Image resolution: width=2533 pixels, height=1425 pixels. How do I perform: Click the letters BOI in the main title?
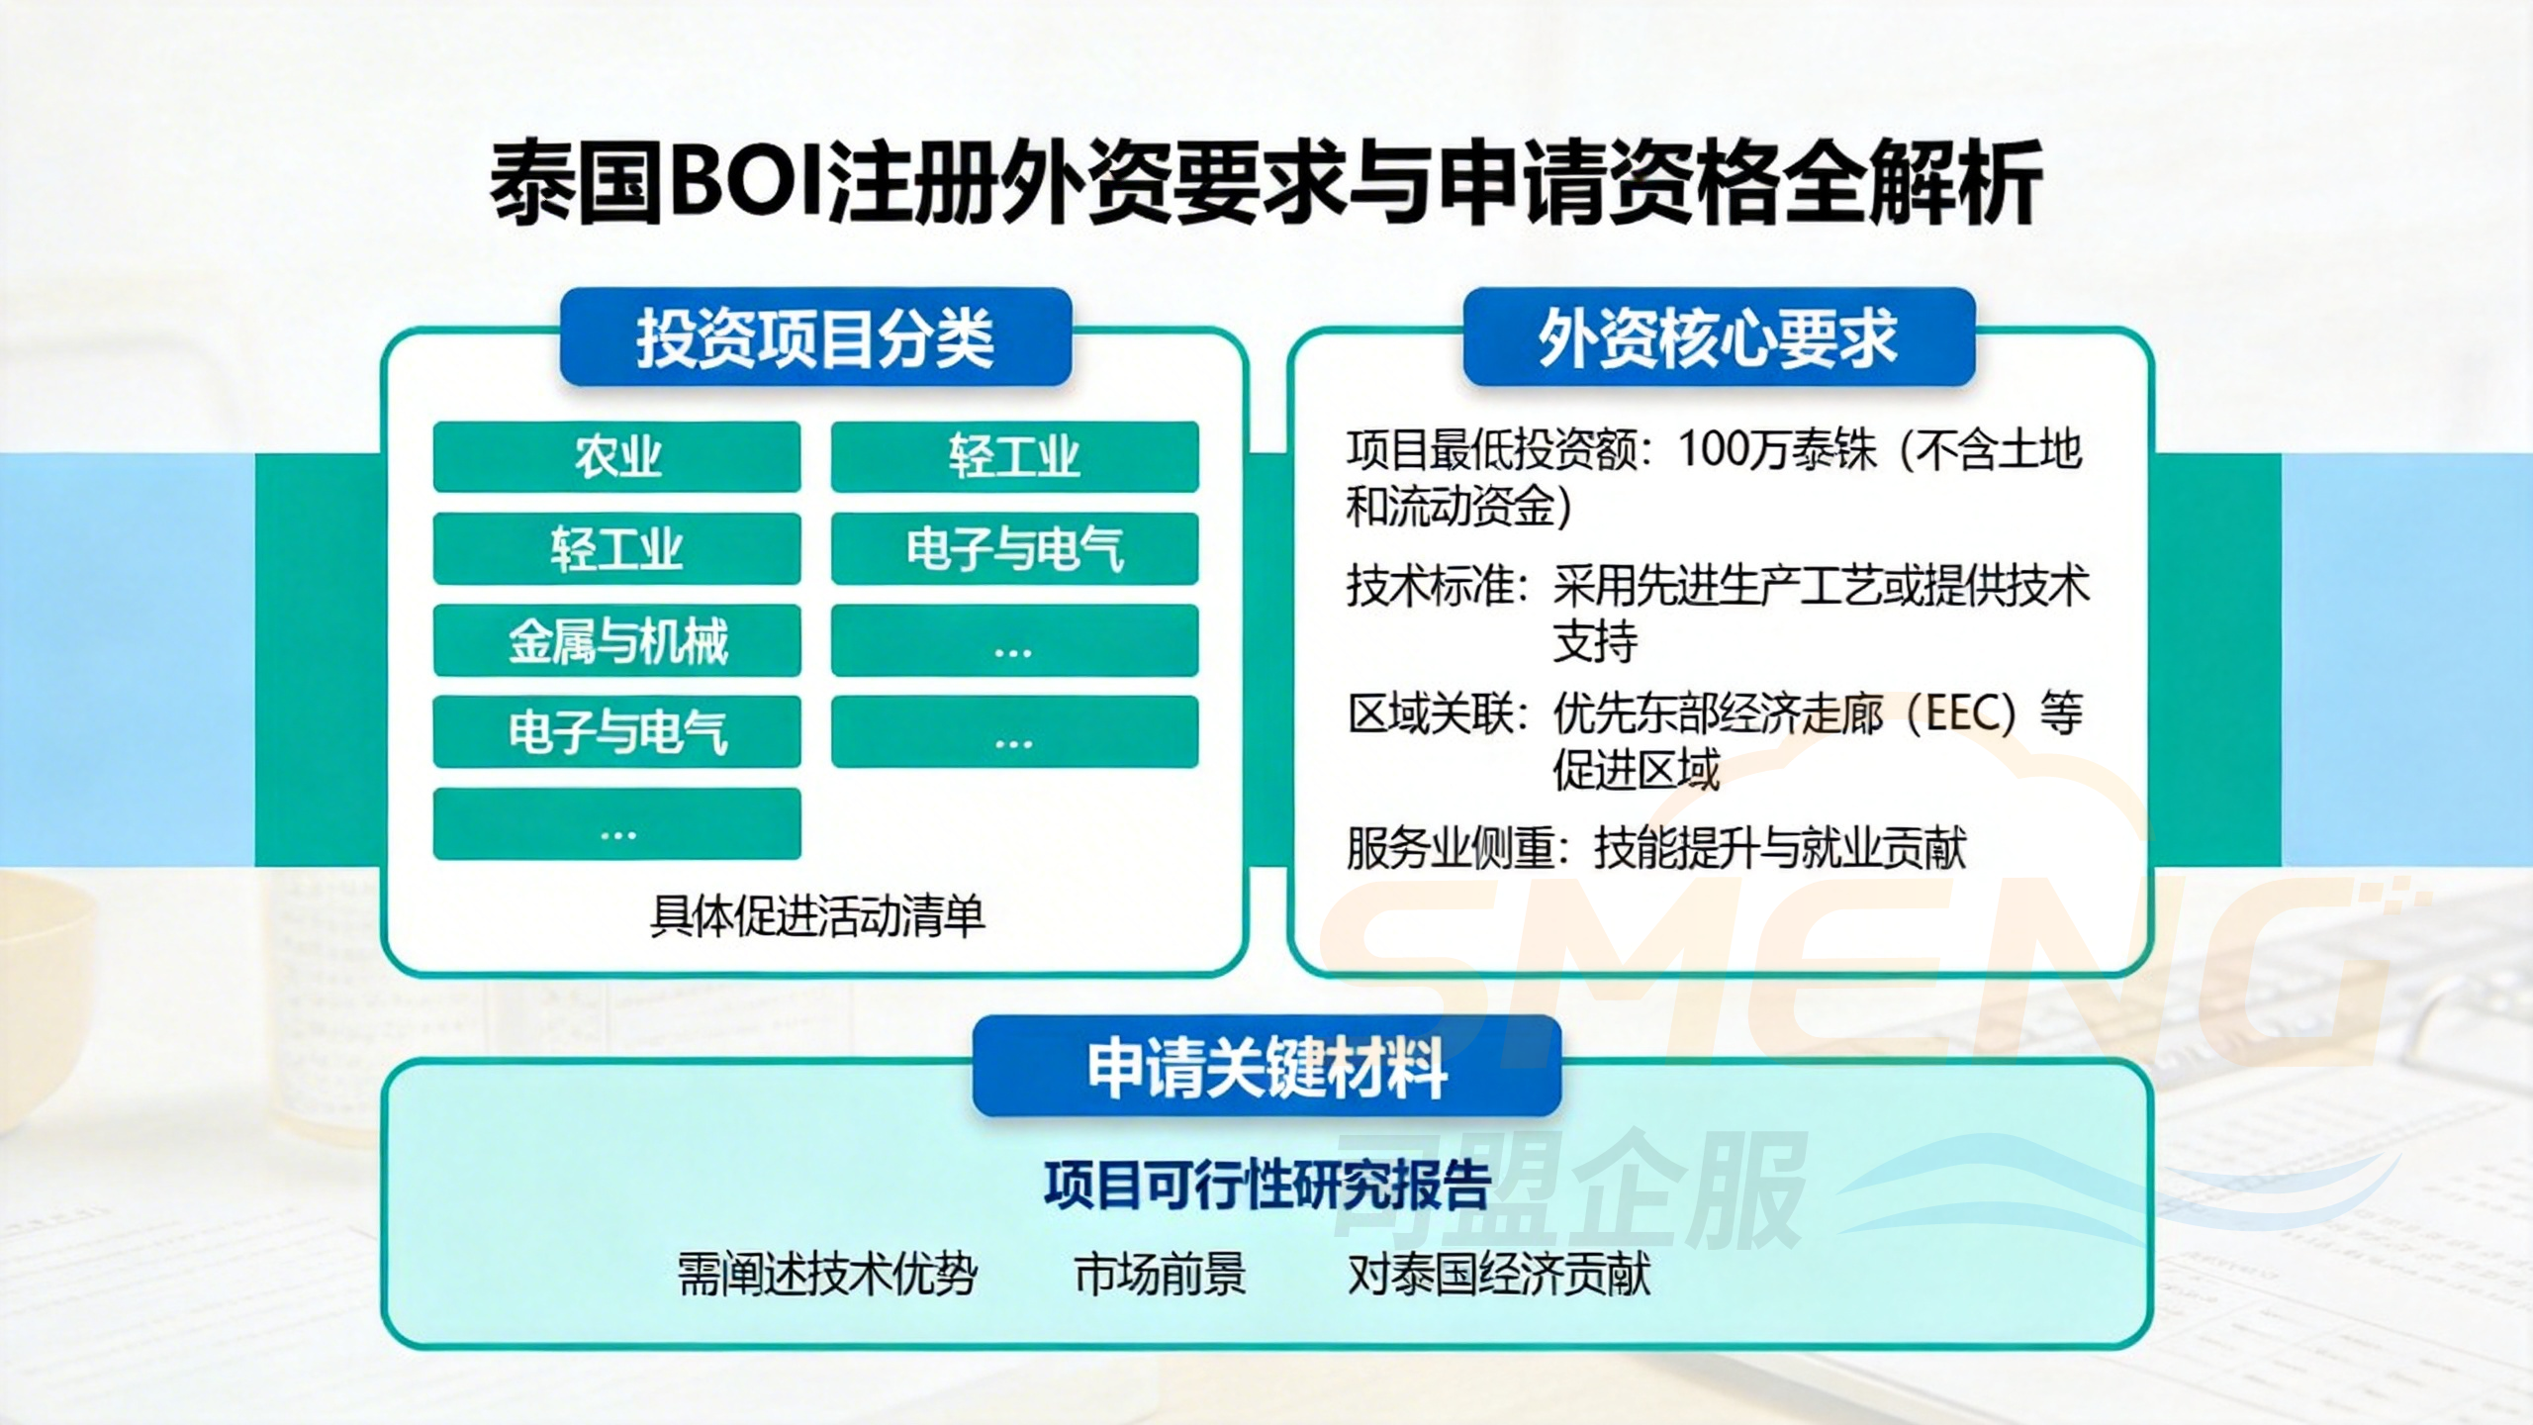(748, 184)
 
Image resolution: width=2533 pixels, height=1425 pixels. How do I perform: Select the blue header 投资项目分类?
(814, 338)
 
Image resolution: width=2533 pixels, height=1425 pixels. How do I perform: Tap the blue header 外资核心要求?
(1718, 338)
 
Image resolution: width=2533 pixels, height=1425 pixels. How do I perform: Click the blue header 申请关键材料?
(1266, 1068)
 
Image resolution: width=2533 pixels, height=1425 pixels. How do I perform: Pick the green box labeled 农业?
(616, 457)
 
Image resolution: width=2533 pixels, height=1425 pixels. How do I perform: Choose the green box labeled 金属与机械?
(616, 641)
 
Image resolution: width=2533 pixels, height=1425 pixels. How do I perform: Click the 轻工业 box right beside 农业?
(1014, 457)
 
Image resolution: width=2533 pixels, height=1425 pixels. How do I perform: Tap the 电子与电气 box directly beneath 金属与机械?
(616, 732)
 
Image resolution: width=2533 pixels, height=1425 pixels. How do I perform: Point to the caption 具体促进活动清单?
(817, 915)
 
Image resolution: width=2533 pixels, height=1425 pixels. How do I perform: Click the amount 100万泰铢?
(1776, 451)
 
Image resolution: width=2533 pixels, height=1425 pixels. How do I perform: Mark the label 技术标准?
(1431, 587)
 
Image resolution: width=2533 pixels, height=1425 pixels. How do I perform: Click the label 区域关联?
(1431, 713)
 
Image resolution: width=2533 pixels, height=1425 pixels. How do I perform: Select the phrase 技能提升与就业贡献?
(1780, 848)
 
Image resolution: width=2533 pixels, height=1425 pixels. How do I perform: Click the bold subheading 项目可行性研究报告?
(1266, 1185)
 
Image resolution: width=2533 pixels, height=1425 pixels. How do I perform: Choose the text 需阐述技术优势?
(827, 1275)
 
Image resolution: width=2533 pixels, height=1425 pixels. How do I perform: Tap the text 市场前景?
(1160, 1275)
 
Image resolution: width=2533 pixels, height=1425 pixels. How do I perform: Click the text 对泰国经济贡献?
(1499, 1275)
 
